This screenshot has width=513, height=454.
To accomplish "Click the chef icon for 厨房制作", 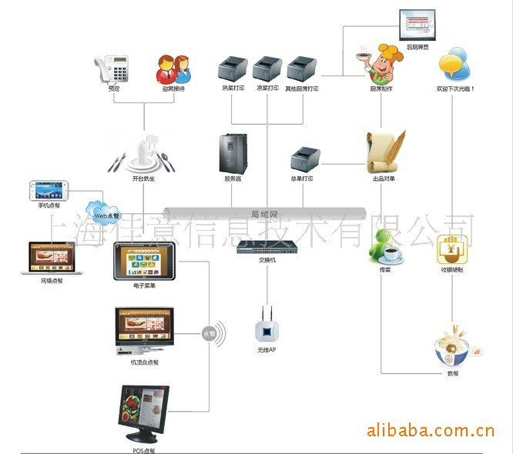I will pos(380,65).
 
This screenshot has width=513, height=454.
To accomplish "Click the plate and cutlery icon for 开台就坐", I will pos(143,152).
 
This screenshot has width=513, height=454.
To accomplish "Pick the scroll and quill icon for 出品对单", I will pos(385,151).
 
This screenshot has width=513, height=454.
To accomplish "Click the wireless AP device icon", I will pos(267,327).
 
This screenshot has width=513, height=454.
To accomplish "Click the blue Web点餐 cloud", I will pos(103,212).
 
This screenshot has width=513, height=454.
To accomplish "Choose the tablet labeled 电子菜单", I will pos(144,262).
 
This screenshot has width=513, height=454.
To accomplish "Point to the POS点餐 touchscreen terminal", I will pos(143,412).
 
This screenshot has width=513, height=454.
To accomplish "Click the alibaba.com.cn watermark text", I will pos(430,429).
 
